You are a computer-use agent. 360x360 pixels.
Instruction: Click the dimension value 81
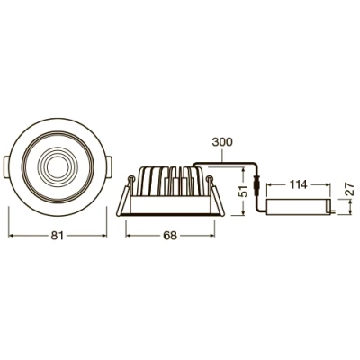pos(55,236)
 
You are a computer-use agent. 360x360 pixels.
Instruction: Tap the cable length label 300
pos(223,142)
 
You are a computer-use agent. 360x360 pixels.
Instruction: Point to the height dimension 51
pos(240,191)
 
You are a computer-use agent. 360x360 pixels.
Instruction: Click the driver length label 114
pos(299,184)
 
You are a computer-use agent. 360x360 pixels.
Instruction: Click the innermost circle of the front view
pos(57,167)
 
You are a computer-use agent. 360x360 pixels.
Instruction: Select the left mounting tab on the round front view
pos(8,168)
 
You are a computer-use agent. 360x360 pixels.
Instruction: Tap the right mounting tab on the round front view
pos(105,168)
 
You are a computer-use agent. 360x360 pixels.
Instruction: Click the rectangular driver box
pos(301,207)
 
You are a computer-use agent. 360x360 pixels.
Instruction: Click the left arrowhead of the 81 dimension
pos(13,236)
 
